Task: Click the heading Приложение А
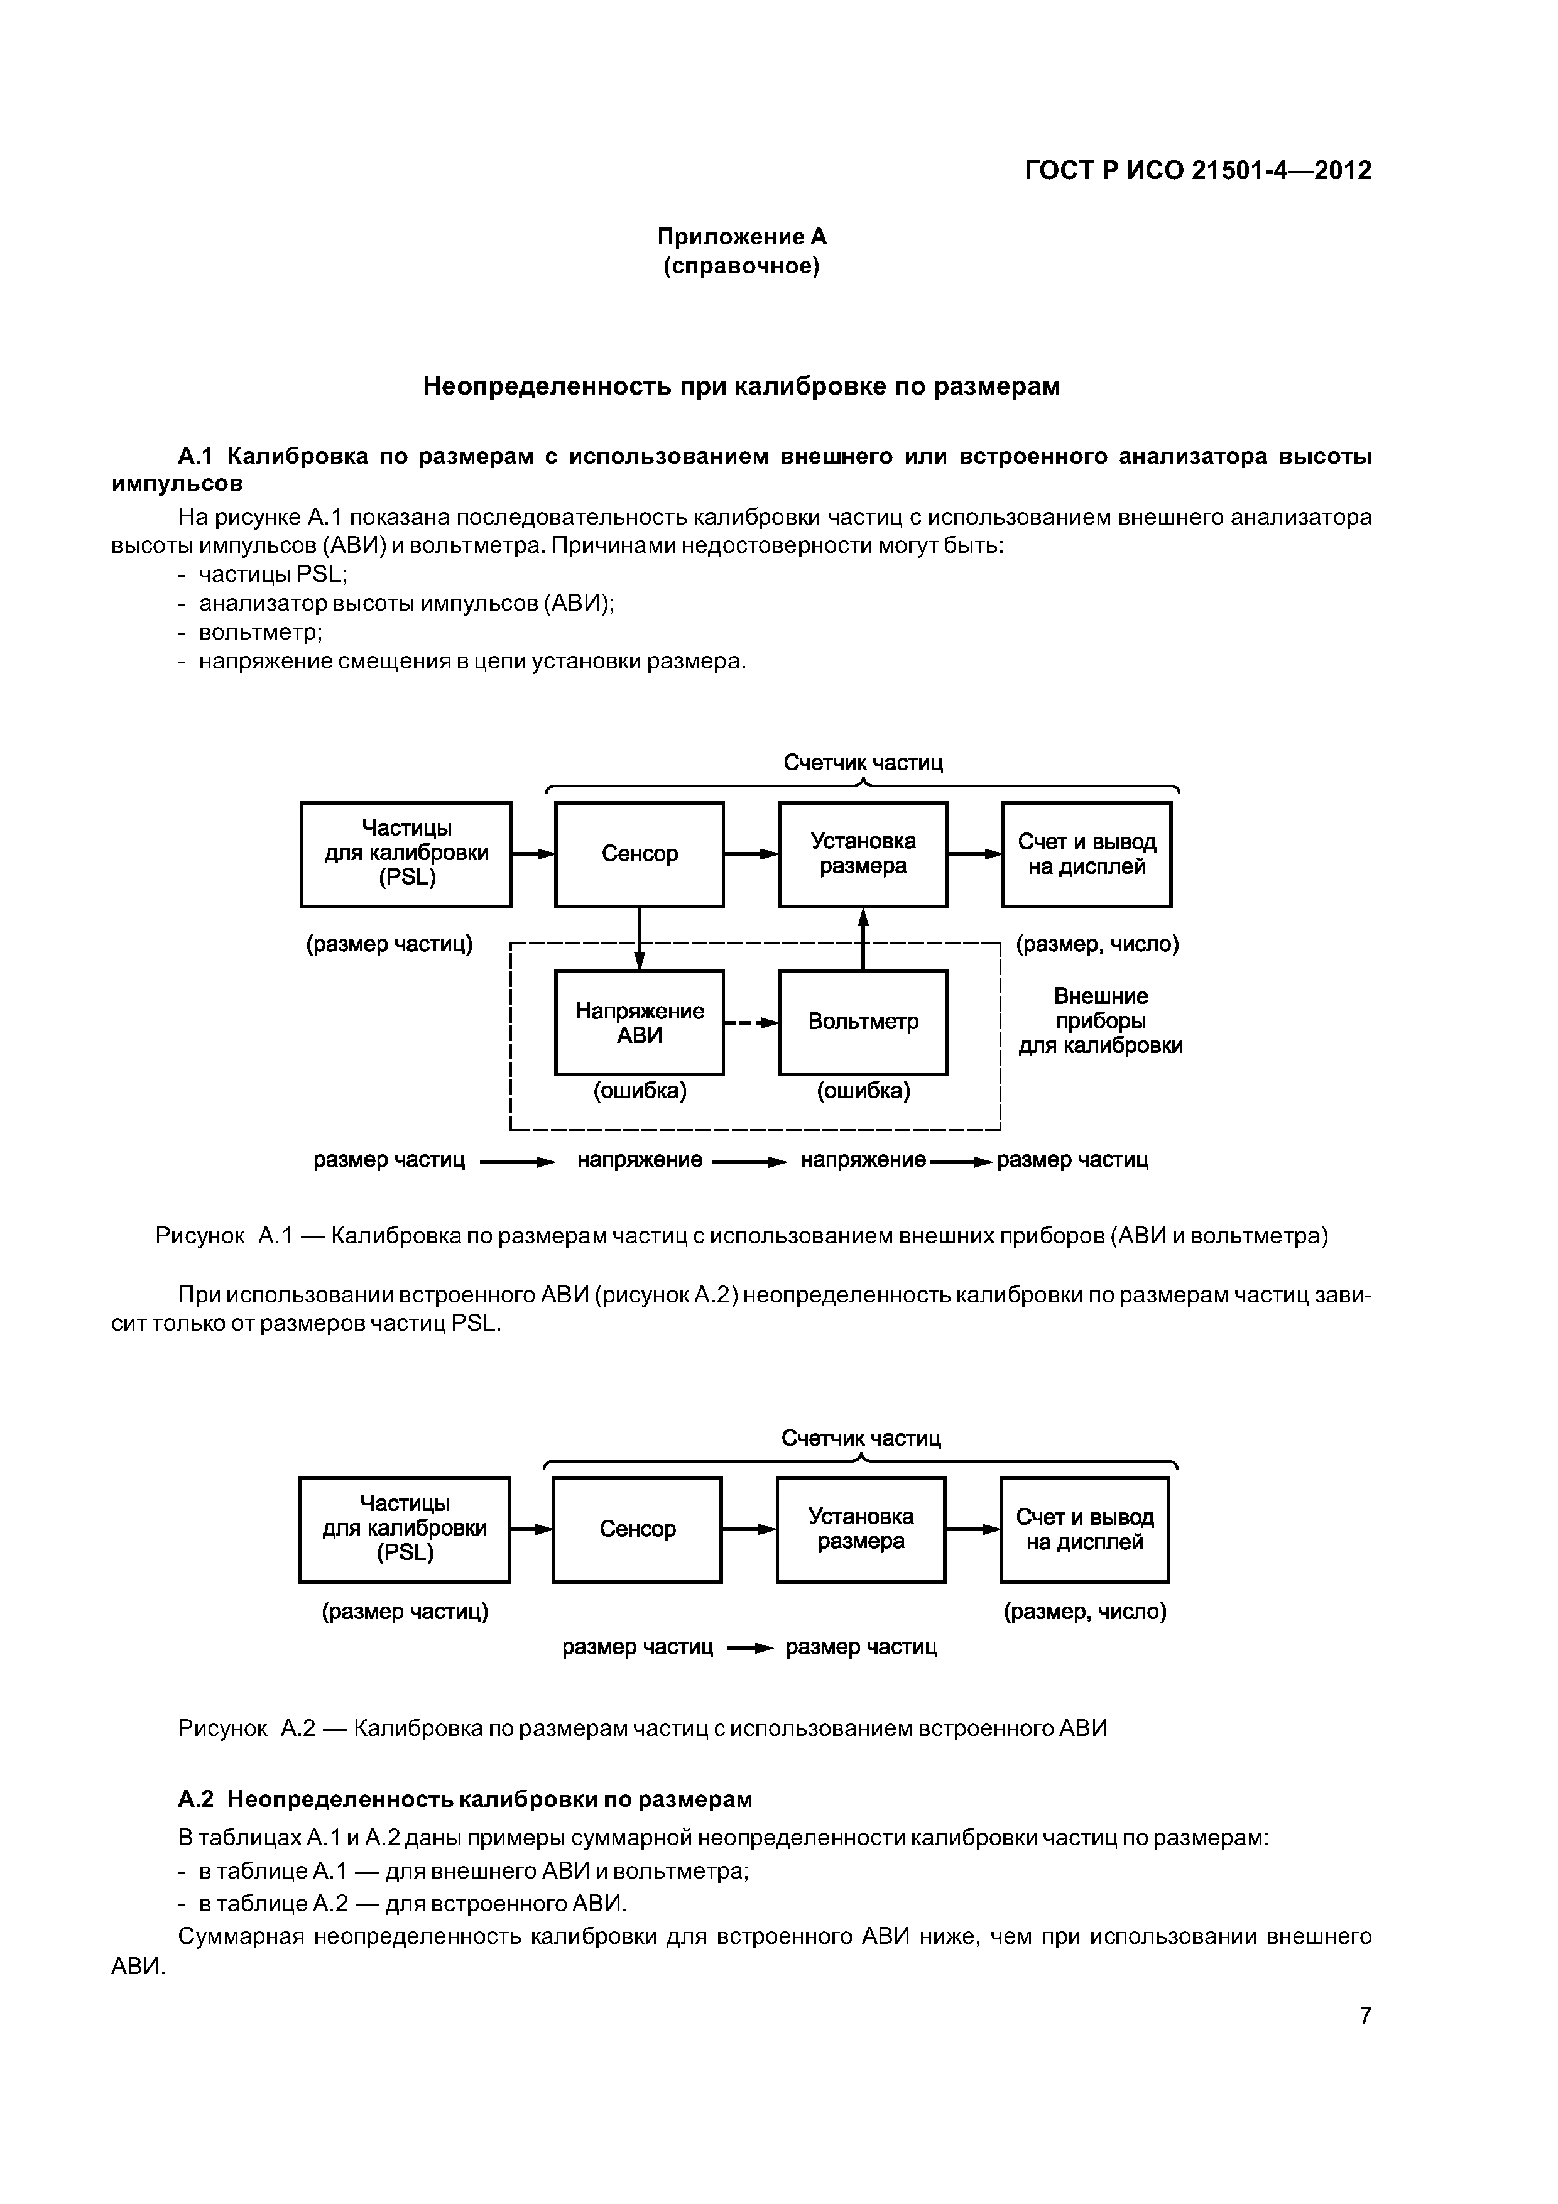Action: click(741, 236)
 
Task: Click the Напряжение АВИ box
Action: click(640, 1022)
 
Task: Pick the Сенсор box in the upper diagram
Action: click(640, 853)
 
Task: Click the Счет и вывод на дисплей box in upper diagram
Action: click(1087, 853)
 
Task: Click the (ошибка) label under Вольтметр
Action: click(863, 1091)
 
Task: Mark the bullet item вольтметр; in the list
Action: click(260, 633)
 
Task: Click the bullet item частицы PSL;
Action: click(273, 574)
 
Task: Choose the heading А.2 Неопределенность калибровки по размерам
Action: click(466, 1798)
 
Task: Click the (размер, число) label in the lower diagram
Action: click(1085, 1612)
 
